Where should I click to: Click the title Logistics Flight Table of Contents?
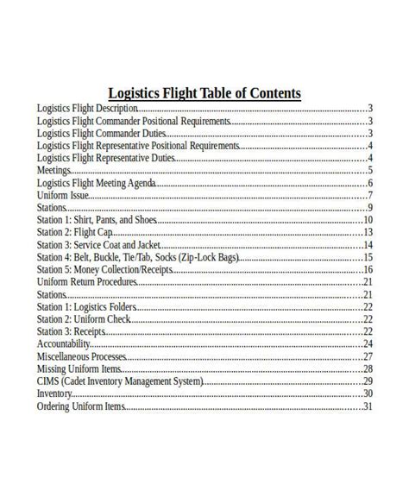(x=204, y=93)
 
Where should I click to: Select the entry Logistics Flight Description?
(x=87, y=109)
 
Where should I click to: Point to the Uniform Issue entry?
(x=64, y=195)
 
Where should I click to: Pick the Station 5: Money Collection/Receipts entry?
(x=104, y=269)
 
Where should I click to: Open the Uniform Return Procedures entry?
(x=87, y=282)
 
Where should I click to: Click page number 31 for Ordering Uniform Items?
(x=368, y=406)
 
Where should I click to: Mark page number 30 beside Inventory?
(x=368, y=393)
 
